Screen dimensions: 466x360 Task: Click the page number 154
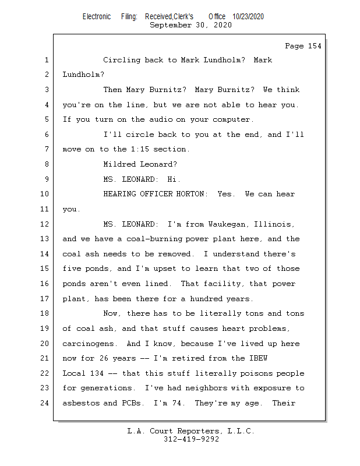pos(313,46)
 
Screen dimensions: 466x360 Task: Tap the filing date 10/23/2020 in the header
pos(248,17)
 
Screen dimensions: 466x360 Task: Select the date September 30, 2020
pos(190,25)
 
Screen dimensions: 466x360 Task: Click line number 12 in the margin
pos(45,224)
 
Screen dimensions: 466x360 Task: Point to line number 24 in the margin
pos(45,403)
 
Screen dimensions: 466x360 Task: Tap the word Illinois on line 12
pos(273,224)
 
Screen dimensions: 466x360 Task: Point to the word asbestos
pos(82,403)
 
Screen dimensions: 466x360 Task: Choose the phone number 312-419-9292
pos(191,440)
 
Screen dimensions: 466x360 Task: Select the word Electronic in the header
pos(97,17)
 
